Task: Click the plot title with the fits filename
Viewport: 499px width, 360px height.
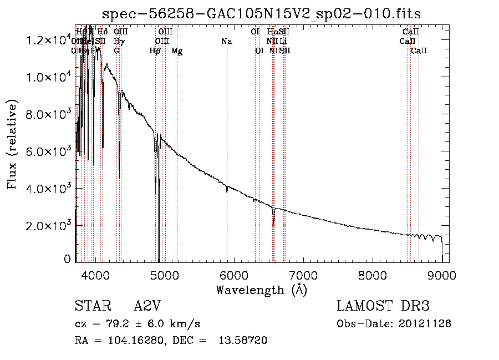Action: [262, 14]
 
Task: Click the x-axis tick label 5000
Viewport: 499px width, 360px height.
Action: [164, 275]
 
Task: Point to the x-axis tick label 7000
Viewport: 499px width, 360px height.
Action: [303, 275]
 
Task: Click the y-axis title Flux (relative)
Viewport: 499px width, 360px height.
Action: [13, 144]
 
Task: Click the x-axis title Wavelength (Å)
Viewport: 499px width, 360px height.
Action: [261, 290]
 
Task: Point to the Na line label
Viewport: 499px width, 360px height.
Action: [226, 42]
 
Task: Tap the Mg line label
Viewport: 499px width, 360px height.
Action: [177, 51]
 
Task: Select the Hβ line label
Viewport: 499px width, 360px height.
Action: [155, 51]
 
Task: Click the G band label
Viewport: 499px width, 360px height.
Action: [116, 51]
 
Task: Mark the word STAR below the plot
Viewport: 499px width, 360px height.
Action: [90, 306]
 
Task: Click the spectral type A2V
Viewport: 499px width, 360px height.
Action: [147, 306]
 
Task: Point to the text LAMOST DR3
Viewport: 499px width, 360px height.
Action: [383, 306]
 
